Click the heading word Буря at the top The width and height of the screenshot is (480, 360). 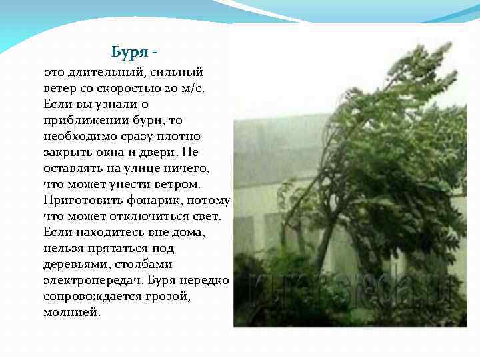point(130,52)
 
